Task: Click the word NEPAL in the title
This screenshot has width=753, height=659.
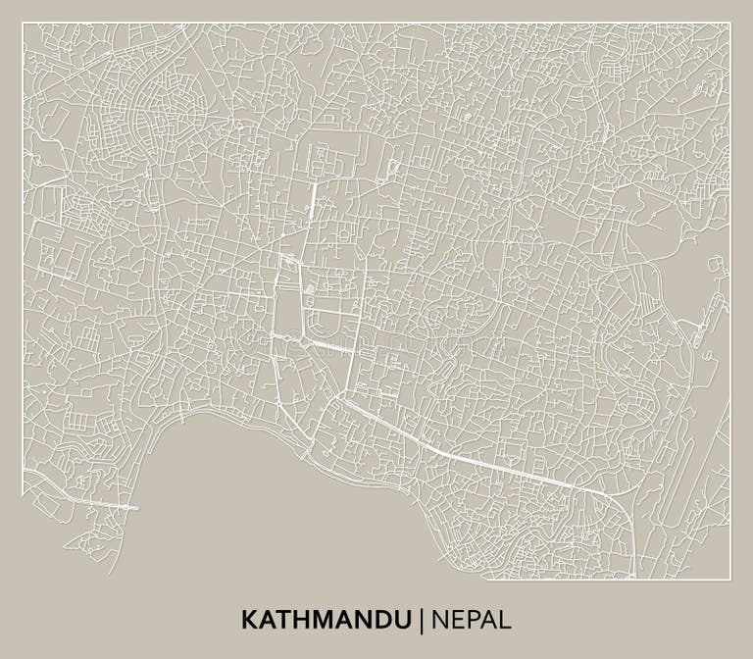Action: click(471, 619)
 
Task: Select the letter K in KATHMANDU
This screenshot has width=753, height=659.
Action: click(248, 619)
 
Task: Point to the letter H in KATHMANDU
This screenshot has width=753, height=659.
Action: click(298, 619)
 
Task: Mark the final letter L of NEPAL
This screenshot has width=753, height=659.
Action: click(505, 619)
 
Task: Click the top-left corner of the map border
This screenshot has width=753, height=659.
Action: click(23, 24)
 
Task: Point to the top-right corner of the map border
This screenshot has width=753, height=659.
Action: click(730, 24)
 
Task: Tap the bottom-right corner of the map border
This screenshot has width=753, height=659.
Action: click(730, 579)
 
